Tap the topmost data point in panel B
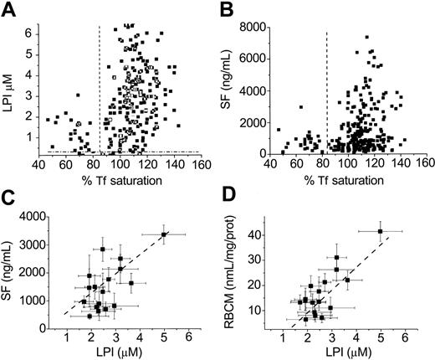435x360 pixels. tap(366, 37)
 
